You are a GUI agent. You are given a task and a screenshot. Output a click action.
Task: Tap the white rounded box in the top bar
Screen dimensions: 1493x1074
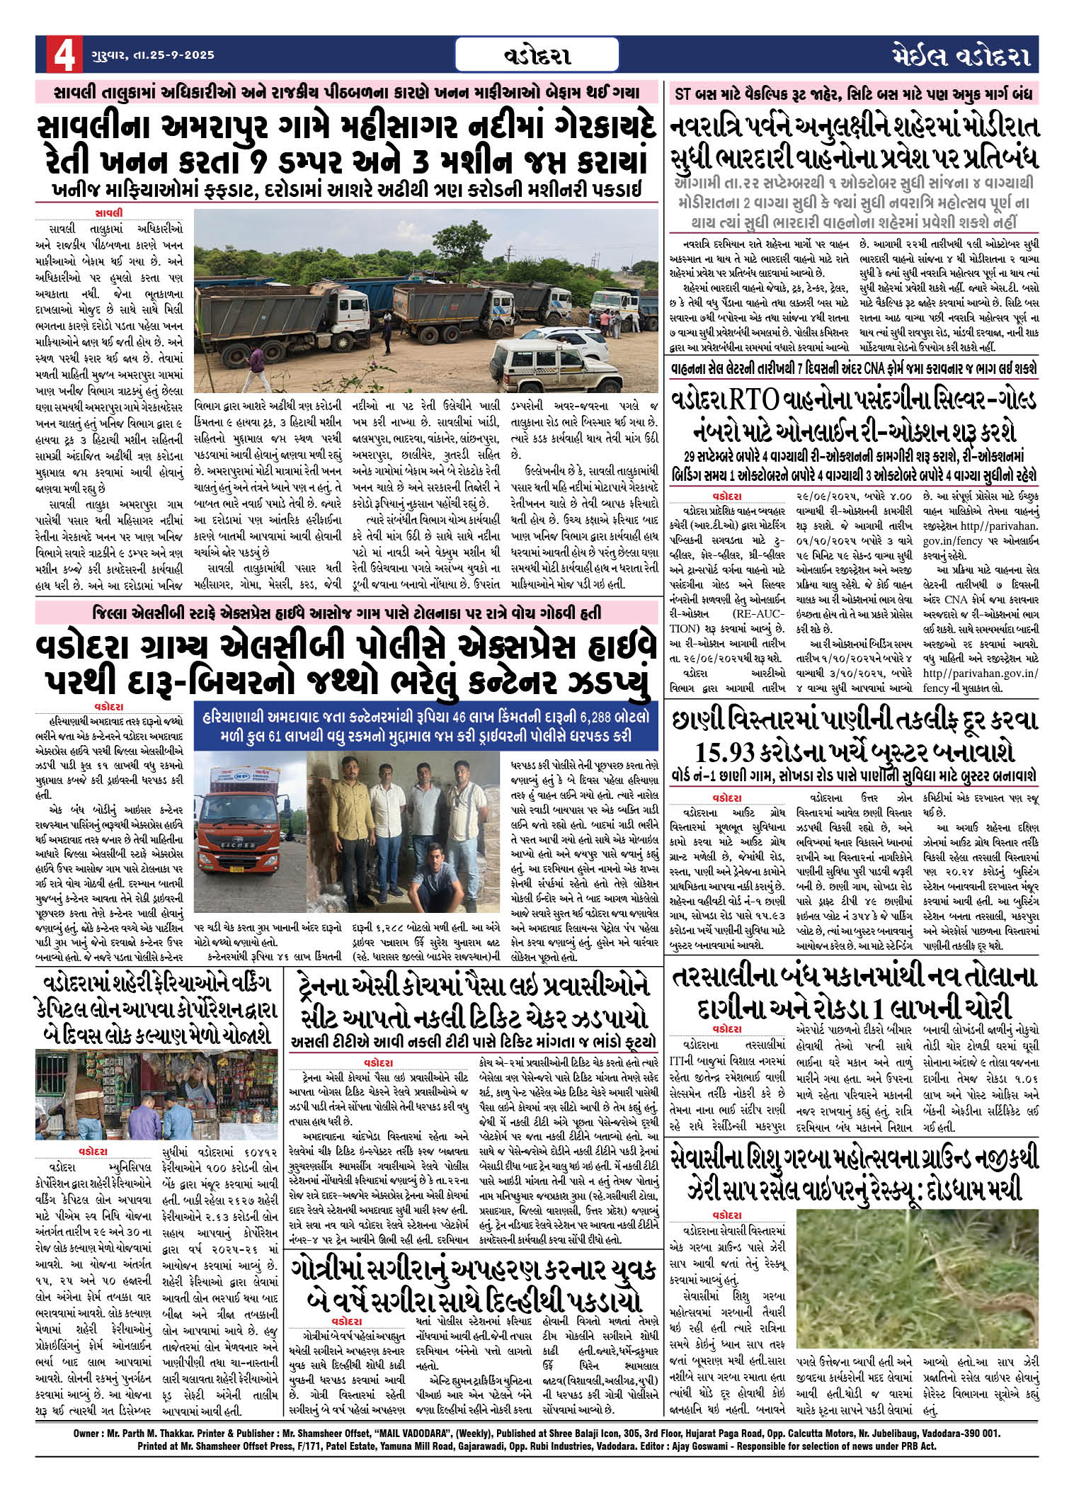pos(537,55)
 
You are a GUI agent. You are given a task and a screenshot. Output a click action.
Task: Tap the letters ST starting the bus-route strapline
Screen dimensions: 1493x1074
pos(684,93)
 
